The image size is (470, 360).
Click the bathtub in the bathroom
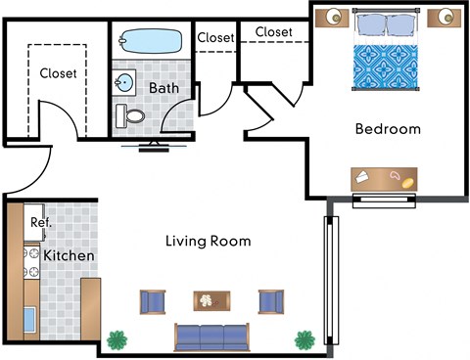click(x=149, y=42)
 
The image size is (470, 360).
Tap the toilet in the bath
click(x=131, y=117)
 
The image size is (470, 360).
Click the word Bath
click(x=163, y=87)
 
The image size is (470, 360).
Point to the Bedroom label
click(x=388, y=129)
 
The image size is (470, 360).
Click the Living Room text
click(x=208, y=241)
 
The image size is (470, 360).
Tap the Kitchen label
click(x=69, y=256)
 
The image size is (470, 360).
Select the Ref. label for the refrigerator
click(x=40, y=222)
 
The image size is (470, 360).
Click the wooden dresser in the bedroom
click(x=384, y=178)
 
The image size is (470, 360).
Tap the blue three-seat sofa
click(x=211, y=337)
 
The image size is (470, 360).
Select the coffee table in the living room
click(x=211, y=301)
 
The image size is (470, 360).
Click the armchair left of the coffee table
click(x=154, y=301)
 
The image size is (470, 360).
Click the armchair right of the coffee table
click(x=270, y=301)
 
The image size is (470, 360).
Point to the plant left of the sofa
click(x=118, y=340)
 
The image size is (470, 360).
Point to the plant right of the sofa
click(x=305, y=340)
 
